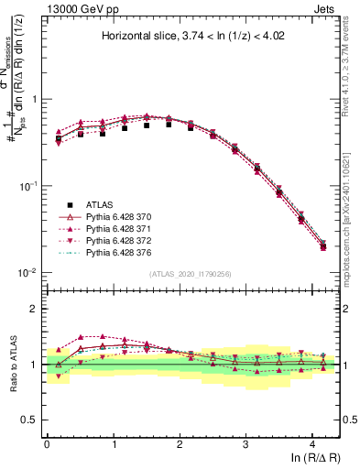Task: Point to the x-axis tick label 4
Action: pos(312,444)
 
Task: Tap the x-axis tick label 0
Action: pos(47,444)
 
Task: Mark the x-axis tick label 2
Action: pos(180,444)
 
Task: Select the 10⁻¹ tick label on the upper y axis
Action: pos(29,186)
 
